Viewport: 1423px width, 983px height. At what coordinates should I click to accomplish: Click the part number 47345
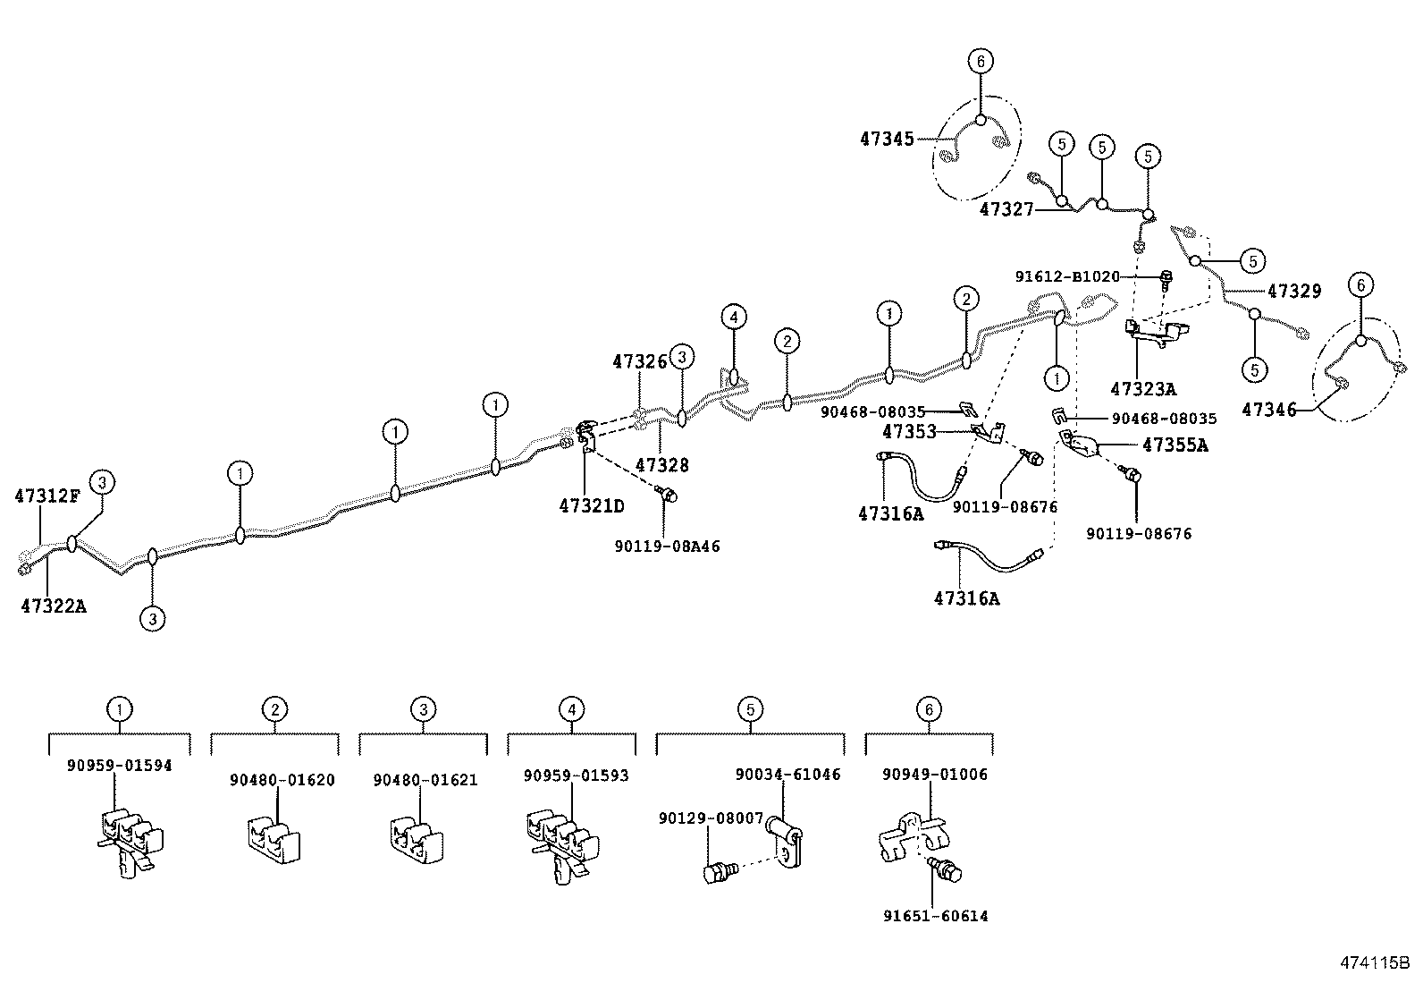pos(887,139)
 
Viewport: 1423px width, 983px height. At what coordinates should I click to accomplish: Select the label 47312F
pos(46,495)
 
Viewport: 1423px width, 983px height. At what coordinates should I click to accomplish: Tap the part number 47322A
pos(54,606)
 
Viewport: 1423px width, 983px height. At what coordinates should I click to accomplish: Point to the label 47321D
pos(591,506)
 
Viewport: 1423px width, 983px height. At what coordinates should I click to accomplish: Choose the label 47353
pos(909,432)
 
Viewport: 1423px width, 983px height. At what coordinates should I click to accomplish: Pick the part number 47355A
pos(1175,445)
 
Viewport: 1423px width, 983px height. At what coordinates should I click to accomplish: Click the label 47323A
pos(1142,389)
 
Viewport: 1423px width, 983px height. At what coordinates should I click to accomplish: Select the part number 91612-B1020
pos(1066,277)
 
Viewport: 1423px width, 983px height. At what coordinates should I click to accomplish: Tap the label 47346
pos(1268,410)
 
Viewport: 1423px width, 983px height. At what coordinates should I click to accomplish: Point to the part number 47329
pos(1293,292)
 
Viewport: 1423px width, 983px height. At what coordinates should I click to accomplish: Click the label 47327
pos(1006,209)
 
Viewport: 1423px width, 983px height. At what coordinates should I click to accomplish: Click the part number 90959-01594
pos(120,766)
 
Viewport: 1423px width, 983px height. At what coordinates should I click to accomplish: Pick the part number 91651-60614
pos(935,916)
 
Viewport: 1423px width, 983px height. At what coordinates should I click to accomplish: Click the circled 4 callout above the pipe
pos(733,317)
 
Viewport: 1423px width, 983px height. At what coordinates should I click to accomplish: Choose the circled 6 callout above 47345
pos(980,61)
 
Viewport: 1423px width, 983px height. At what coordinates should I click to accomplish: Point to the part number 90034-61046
pos(787,775)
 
